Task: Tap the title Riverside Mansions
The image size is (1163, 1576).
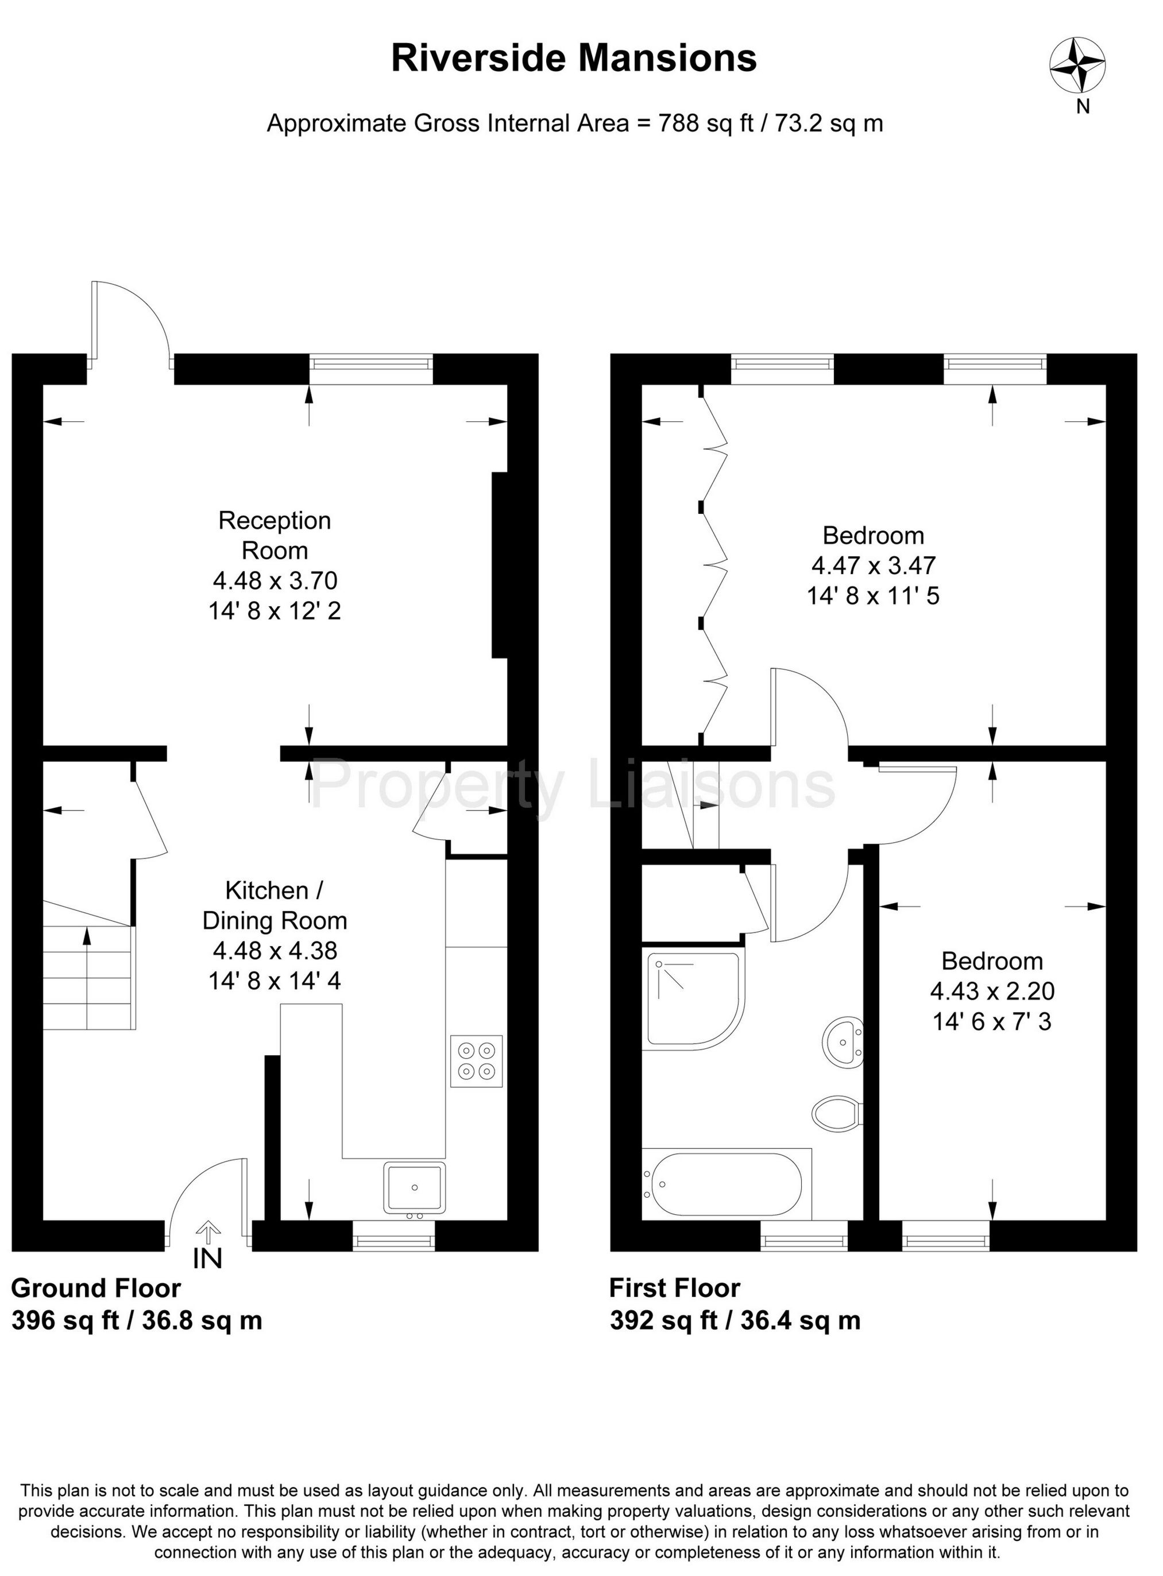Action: click(x=574, y=57)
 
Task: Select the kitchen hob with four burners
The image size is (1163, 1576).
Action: click(x=477, y=1061)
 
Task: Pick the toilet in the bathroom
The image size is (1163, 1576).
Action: click(x=837, y=1113)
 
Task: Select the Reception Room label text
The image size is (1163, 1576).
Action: click(x=275, y=536)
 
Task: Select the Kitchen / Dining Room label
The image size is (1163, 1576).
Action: click(x=275, y=905)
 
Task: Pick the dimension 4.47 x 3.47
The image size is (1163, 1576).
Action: click(x=873, y=565)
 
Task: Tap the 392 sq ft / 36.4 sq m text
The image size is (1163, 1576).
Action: click(x=735, y=1321)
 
